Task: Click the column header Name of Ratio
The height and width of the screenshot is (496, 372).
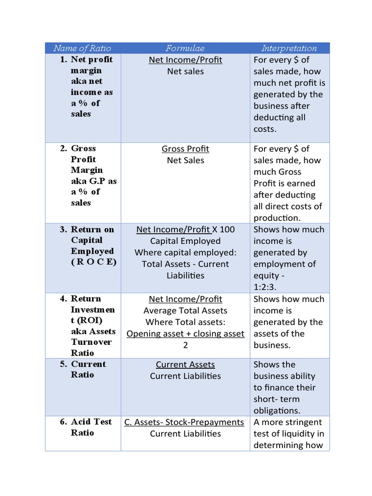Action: point(82,48)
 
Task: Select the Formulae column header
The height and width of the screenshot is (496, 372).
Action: point(185,48)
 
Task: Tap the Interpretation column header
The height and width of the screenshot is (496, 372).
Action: point(289,48)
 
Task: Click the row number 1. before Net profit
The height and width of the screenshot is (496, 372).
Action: point(63,60)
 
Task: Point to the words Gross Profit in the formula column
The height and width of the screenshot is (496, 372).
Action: point(185,149)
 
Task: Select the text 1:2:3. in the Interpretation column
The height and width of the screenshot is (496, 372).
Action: point(264,287)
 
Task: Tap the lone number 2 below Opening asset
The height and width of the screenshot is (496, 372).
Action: point(186,345)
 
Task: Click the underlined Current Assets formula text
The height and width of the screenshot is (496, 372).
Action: point(185,365)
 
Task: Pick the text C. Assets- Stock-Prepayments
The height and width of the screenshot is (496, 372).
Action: point(184,422)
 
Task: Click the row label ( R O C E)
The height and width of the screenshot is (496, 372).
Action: point(93,262)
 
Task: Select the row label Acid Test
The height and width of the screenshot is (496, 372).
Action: point(91,422)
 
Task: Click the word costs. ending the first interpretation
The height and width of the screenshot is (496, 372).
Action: point(265,129)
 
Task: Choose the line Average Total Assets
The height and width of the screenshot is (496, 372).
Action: point(185,310)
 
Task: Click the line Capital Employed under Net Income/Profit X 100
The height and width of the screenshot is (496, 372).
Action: point(185,241)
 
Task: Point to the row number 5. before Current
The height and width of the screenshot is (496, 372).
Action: point(63,364)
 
